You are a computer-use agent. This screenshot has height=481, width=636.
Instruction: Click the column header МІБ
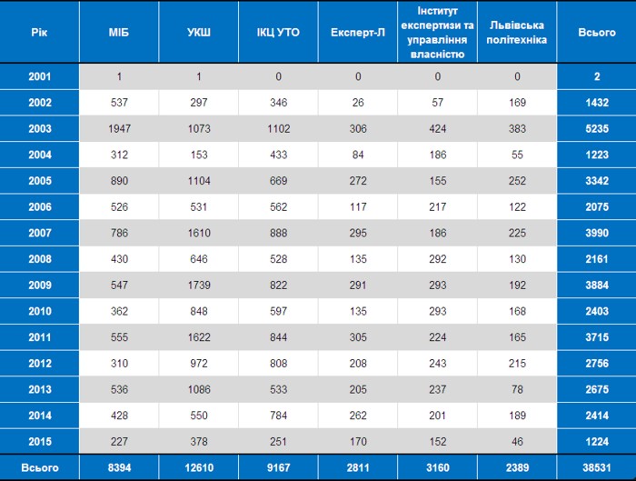[x=119, y=33]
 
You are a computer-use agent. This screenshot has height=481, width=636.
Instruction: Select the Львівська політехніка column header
[x=517, y=33]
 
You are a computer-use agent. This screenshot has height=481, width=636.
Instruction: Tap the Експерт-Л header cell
[x=357, y=33]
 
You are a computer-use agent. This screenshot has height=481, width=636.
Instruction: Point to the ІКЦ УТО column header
[x=278, y=33]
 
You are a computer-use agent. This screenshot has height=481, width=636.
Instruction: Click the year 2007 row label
[x=40, y=233]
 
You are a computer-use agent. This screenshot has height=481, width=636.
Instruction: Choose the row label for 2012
[x=40, y=364]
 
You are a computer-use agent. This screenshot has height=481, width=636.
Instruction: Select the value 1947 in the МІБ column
[x=119, y=129]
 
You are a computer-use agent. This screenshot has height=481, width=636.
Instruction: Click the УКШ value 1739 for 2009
[x=199, y=285]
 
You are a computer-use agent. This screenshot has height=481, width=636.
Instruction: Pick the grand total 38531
[x=597, y=467]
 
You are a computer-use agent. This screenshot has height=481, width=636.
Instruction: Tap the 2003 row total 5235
[x=597, y=129]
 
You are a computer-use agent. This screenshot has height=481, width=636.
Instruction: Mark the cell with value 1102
[x=279, y=129]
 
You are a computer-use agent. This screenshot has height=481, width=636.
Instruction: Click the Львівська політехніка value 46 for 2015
[x=517, y=442]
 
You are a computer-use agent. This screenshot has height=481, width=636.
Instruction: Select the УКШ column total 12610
[x=199, y=467]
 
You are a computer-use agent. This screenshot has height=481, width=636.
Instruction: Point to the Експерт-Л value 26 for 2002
[x=358, y=103]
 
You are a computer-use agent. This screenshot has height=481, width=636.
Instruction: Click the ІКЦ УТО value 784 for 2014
[x=279, y=416]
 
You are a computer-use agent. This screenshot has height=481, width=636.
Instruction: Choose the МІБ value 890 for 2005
[x=119, y=181]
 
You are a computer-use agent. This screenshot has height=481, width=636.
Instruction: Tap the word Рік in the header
[x=39, y=33]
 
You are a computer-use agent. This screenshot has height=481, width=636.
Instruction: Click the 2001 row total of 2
[x=597, y=76]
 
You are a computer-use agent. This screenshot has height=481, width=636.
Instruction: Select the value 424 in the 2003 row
[x=438, y=129]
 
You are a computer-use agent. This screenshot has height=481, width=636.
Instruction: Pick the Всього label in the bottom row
[x=40, y=467]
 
